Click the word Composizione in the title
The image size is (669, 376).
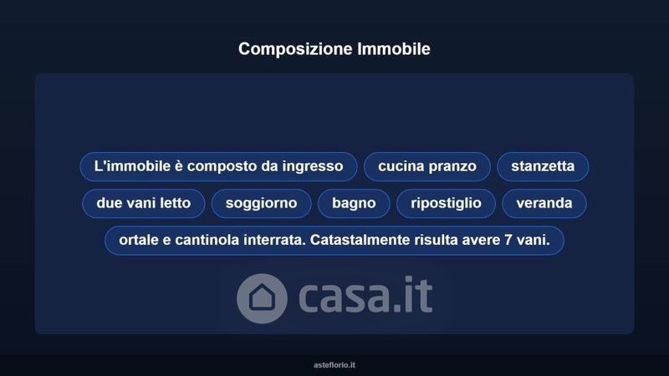[295, 49]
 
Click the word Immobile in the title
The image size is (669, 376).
[394, 48]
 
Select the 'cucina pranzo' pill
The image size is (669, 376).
[427, 166]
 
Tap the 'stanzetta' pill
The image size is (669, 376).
[543, 166]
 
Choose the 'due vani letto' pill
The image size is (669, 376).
[143, 203]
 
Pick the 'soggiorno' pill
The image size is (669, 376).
[261, 203]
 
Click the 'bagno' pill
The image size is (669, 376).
[354, 203]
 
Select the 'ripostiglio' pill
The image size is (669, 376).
[446, 203]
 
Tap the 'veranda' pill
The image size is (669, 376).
[544, 203]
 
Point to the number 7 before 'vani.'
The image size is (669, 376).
[508, 240]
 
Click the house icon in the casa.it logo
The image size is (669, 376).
[262, 298]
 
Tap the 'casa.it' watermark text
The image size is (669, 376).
[365, 296]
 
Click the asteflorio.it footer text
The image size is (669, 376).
[334, 365]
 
